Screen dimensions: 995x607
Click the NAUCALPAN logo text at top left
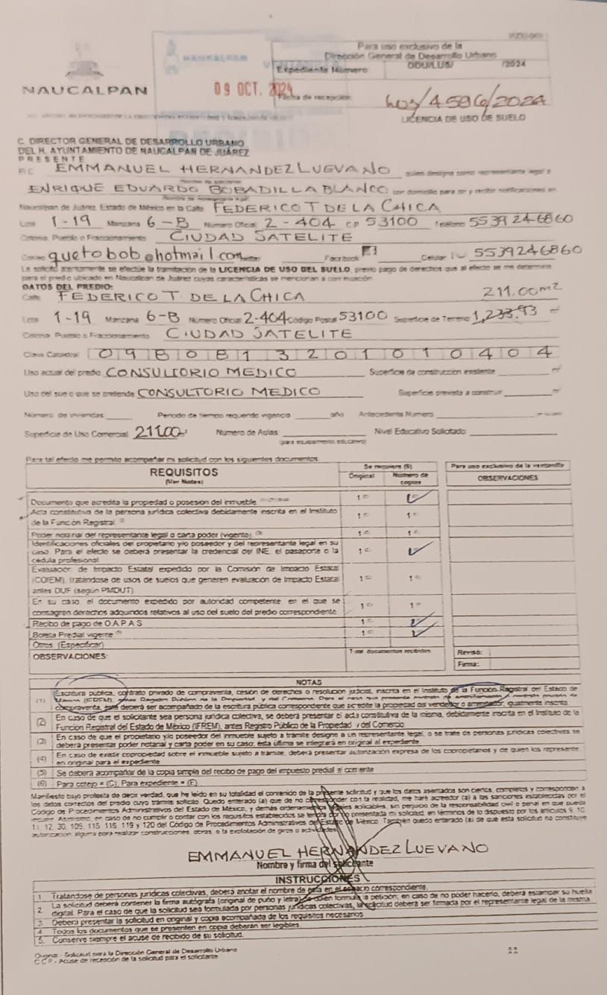click(x=85, y=91)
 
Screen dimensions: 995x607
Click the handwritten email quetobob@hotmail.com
click(x=146, y=256)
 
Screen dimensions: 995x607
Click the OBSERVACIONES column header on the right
click(x=507, y=478)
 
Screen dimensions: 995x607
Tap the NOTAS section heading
click(x=307, y=682)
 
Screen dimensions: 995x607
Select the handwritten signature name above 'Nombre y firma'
click(x=338, y=850)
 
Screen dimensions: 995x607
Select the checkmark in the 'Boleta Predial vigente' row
click(x=422, y=634)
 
